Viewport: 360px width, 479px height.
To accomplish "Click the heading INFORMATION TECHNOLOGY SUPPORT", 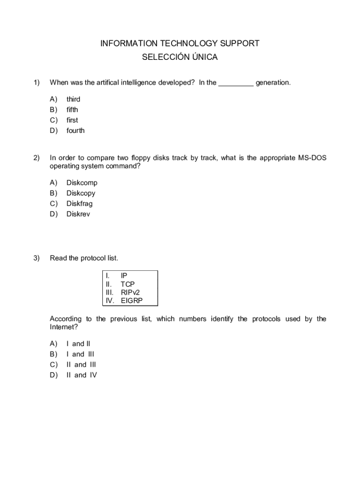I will click(180, 44).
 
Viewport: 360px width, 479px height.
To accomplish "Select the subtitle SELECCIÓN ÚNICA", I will click(180, 58).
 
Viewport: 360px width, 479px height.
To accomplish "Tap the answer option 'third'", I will click(73, 99).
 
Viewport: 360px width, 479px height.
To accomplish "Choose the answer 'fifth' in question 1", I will click(72, 109).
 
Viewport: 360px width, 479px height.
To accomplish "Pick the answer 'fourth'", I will click(75, 131).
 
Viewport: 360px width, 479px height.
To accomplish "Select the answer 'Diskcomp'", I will click(82, 183).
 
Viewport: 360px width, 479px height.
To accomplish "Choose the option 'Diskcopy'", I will click(81, 193).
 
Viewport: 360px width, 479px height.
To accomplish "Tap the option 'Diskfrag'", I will click(79, 203).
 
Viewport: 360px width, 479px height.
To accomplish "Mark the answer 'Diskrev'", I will click(78, 214).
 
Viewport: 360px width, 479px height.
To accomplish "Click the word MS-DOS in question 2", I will click(312, 158).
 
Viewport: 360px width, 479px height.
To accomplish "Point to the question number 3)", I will click(36, 258).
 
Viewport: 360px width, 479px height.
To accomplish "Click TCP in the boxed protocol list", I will click(127, 284).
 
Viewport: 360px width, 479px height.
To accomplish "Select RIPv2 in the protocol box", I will click(130, 292).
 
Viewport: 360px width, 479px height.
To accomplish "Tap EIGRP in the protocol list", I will click(131, 301).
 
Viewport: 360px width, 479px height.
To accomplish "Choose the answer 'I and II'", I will click(78, 344).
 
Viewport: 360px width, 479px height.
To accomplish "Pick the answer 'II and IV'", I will click(81, 375).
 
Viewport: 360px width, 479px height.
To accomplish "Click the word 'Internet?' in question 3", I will click(64, 327).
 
